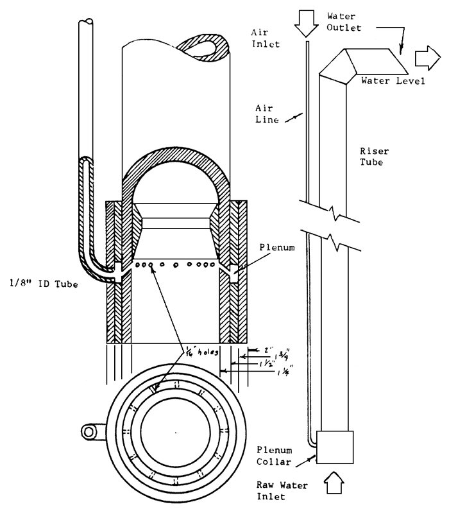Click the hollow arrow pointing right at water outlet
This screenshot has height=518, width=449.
coord(425,59)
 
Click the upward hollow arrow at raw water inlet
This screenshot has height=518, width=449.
coord(335,482)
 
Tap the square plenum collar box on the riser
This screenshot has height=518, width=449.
coord(335,447)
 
